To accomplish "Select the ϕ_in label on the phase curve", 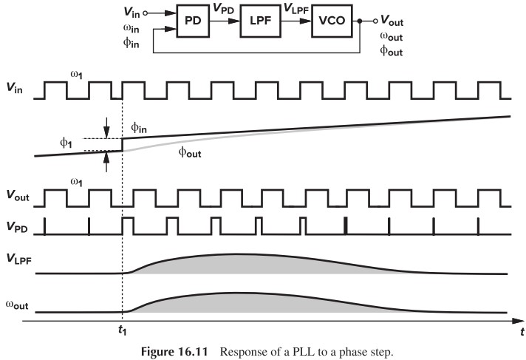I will pos(139,128).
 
